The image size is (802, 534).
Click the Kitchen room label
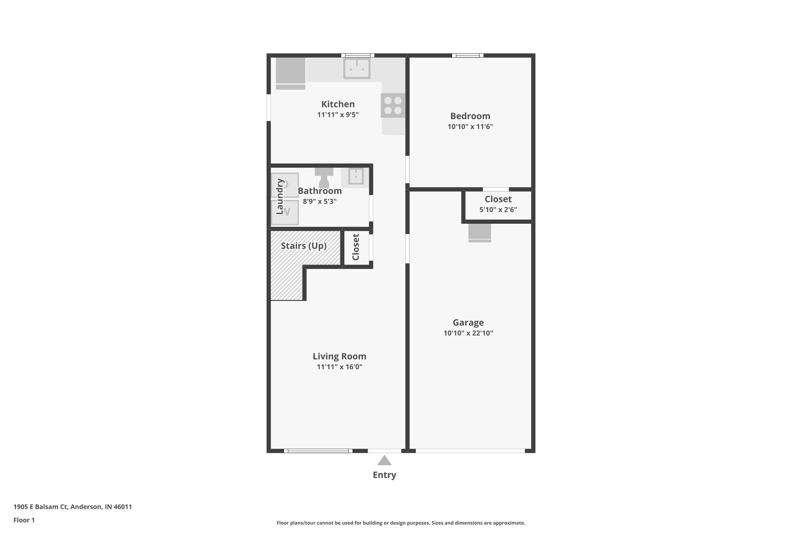point(338,104)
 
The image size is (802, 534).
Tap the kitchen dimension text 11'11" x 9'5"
point(338,115)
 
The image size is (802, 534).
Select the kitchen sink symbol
point(357,68)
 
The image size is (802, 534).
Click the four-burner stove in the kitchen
point(393,106)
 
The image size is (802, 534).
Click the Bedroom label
point(470,116)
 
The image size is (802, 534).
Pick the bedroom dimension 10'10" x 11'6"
point(470,127)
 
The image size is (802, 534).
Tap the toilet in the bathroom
point(324,178)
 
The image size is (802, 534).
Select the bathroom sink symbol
point(356,176)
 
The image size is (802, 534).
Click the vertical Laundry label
point(280,196)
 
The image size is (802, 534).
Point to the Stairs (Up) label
point(304,246)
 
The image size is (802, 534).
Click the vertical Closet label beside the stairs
point(356,247)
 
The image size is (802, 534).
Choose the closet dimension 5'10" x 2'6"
point(498,210)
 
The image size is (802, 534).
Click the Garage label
point(468,323)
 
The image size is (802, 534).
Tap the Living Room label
point(340,356)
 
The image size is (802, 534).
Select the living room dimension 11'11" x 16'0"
point(340,367)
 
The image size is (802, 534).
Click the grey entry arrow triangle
point(385,460)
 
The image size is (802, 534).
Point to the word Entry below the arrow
point(385,475)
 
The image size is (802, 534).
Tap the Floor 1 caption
point(24,520)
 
